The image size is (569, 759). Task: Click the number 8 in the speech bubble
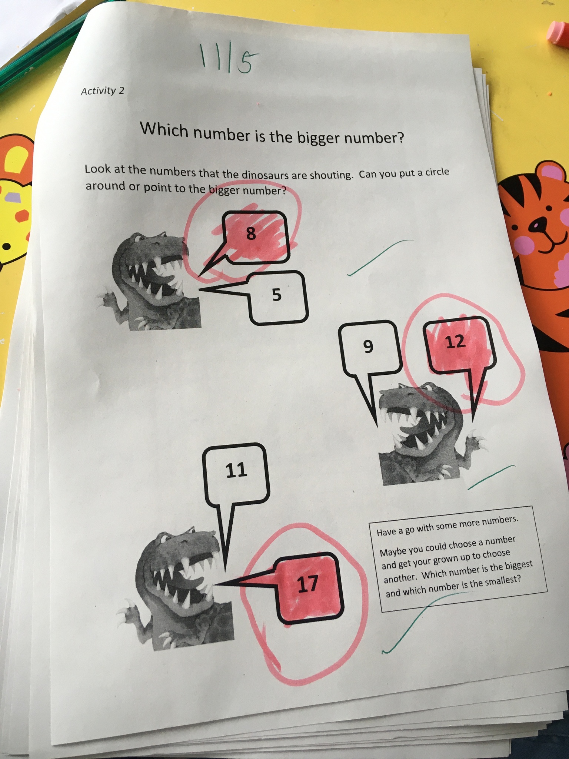(x=251, y=233)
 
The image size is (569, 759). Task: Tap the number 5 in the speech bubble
(x=277, y=295)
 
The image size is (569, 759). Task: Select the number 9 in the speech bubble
(x=368, y=346)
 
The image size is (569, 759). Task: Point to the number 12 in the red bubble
(x=455, y=342)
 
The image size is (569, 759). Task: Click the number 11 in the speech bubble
(x=236, y=470)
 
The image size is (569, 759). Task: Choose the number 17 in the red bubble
(x=308, y=584)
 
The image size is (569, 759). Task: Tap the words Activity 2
(x=103, y=91)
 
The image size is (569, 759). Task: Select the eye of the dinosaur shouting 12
(x=427, y=388)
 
